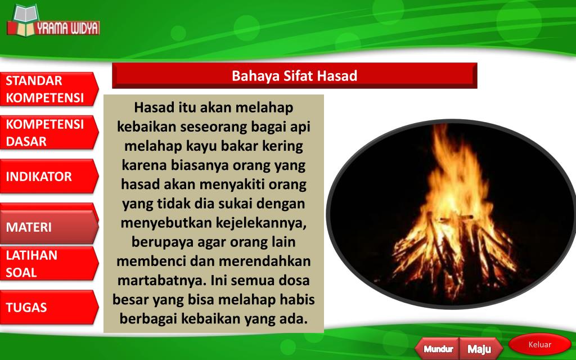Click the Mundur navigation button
click(x=438, y=349)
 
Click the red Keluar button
click(x=539, y=345)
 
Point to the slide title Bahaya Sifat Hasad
click(x=294, y=76)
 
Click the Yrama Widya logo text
click(x=67, y=28)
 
